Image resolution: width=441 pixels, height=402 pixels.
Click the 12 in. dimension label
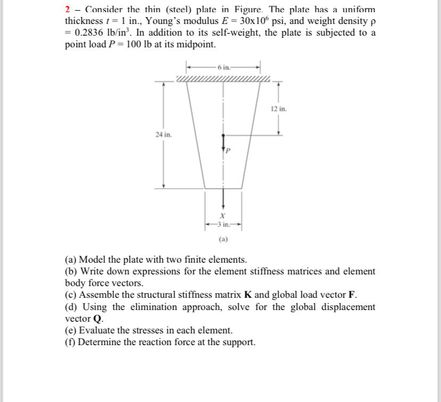(x=279, y=109)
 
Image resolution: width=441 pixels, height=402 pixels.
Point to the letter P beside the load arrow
(x=227, y=150)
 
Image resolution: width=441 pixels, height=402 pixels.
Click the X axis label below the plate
(x=223, y=216)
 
